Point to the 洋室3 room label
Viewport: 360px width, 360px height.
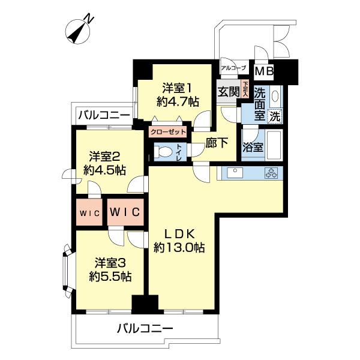[x=110, y=262]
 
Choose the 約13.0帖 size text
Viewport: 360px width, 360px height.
[x=179, y=247]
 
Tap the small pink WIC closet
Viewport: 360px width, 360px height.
[x=88, y=212]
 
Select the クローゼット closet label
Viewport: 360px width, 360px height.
[x=167, y=131]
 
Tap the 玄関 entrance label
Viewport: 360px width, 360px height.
[x=228, y=92]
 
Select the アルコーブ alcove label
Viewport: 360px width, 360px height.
[x=233, y=68]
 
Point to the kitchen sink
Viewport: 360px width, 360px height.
[x=233, y=173]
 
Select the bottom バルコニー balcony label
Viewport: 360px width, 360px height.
[x=145, y=328]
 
